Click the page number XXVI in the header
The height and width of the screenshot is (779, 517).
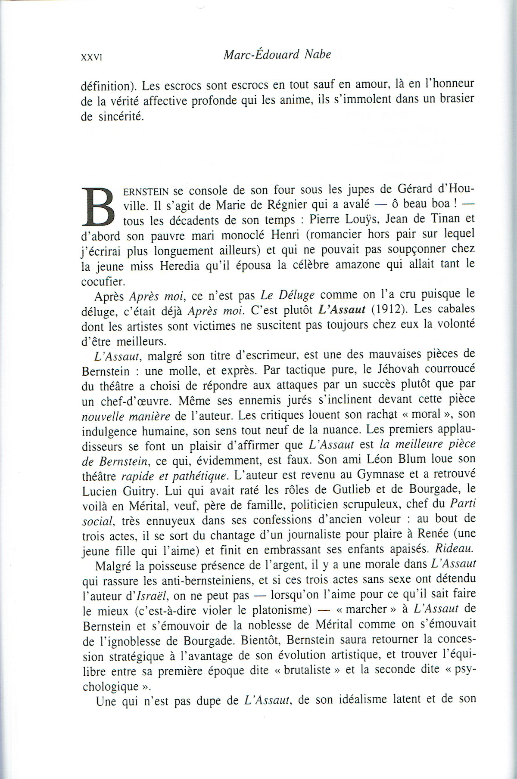tap(91, 57)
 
